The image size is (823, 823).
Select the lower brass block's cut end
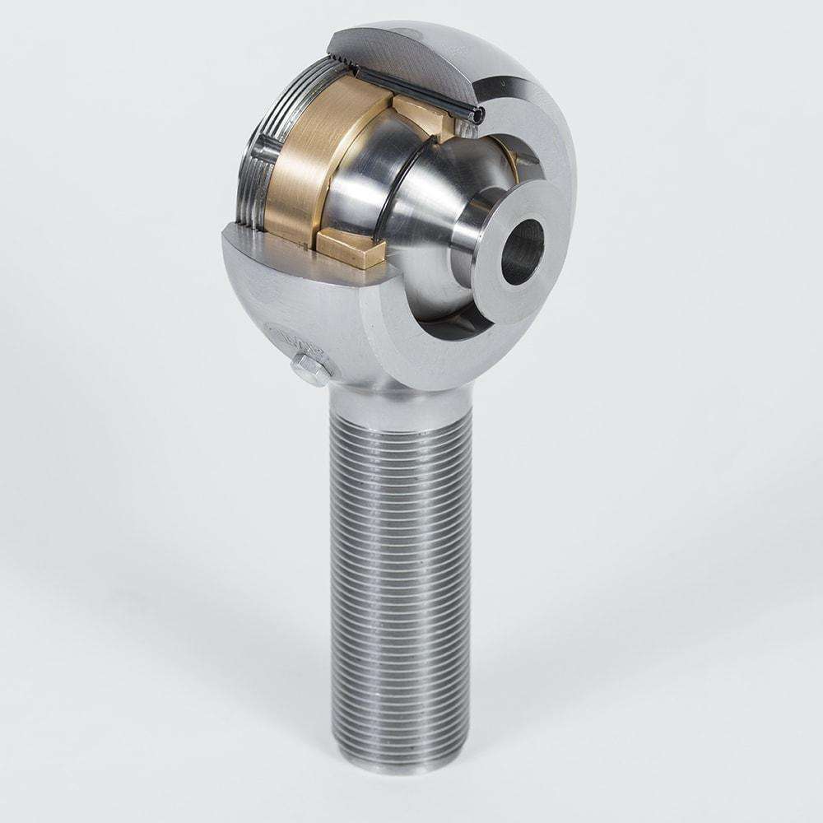point(352,249)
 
